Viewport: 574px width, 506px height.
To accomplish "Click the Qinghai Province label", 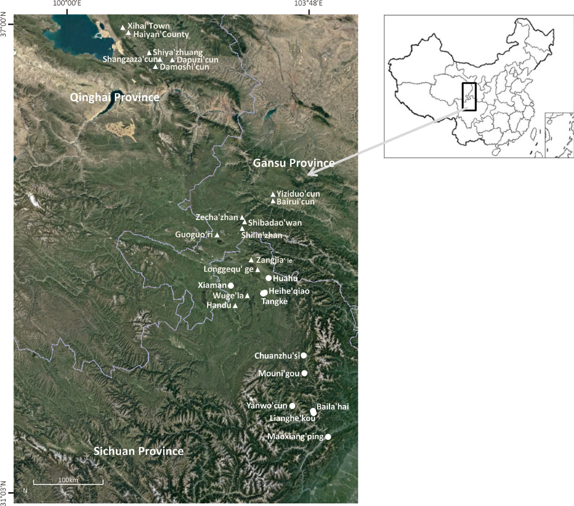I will [114, 98].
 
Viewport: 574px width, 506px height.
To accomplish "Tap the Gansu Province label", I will [294, 163].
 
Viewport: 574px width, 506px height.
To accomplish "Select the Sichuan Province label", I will [138, 451].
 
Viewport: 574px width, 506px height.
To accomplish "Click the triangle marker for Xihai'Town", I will [123, 27].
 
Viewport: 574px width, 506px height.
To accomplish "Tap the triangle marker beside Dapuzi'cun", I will [173, 60].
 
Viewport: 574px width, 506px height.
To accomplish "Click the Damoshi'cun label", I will [184, 67].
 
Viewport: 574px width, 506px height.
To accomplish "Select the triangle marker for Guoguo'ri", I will [217, 235].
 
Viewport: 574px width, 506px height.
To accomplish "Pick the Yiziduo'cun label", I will [298, 194].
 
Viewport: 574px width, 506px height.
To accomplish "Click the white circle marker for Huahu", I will [269, 278].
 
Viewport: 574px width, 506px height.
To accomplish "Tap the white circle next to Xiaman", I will [231, 285].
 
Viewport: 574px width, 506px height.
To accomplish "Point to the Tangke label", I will [274, 302].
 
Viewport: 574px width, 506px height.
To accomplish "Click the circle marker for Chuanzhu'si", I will [303, 356].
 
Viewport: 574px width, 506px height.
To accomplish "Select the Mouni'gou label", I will [278, 373].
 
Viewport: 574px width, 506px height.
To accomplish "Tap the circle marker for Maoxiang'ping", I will [328, 437].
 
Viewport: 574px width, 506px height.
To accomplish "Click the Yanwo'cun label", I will [266, 406].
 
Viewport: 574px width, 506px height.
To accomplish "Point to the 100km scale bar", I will [68, 484].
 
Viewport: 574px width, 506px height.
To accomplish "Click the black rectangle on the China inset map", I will [469, 97].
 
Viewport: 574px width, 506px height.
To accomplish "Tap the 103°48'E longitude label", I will [308, 4].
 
